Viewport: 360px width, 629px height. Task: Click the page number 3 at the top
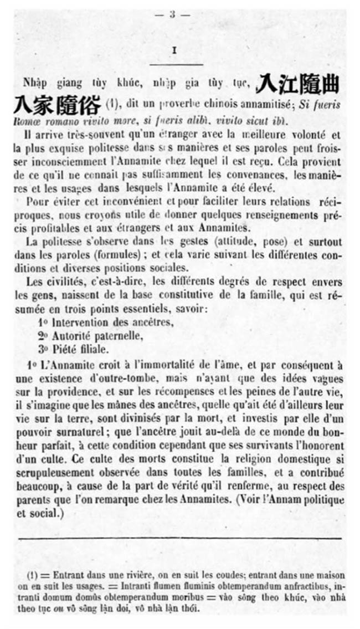point(172,15)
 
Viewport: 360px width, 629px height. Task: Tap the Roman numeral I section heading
point(174,50)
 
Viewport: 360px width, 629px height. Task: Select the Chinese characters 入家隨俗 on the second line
point(57,104)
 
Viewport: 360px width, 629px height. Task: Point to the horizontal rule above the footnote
point(180,538)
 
